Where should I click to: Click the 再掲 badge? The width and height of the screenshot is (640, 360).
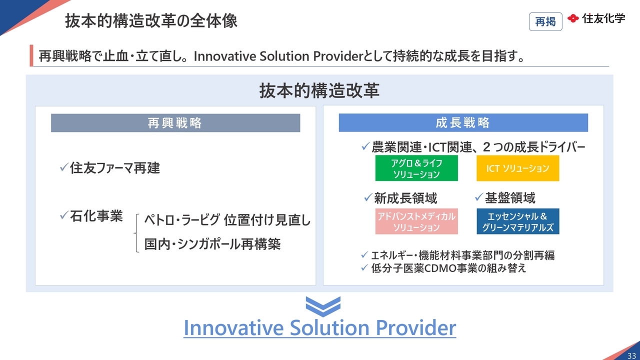pyautogui.click(x=545, y=21)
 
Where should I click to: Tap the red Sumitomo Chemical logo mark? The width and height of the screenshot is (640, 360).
pyautogui.click(x=573, y=18)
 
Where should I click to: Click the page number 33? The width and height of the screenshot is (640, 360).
pyautogui.click(x=631, y=355)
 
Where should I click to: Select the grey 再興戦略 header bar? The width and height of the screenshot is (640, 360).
pyautogui.click(x=175, y=123)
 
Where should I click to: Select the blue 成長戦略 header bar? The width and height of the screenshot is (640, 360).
pyautogui.click(x=463, y=122)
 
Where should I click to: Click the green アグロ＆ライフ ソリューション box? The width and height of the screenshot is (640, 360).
pyautogui.click(x=416, y=168)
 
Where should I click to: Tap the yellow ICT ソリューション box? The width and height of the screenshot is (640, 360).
pyautogui.click(x=517, y=168)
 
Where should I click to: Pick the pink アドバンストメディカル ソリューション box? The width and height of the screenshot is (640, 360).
pyautogui.click(x=416, y=221)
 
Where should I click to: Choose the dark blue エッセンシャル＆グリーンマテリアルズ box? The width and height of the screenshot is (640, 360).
pyautogui.click(x=517, y=221)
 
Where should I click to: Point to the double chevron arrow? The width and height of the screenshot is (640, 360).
pyautogui.click(x=323, y=306)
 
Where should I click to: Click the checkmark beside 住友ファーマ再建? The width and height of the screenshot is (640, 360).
pyautogui.click(x=64, y=167)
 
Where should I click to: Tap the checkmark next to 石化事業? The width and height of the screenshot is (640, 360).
pyautogui.click(x=64, y=215)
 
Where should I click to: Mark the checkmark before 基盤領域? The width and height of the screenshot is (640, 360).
pyautogui.click(x=479, y=196)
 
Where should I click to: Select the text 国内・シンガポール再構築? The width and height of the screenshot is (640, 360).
pyautogui.click(x=212, y=244)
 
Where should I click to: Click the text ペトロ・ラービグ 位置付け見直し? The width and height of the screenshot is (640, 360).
pyautogui.click(x=227, y=220)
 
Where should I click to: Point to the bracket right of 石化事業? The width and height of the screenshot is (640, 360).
pyautogui.click(x=136, y=233)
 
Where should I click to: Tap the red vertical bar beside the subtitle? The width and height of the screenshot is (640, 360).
pyautogui.click(x=31, y=55)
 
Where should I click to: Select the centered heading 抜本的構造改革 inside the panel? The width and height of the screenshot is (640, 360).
pyautogui.click(x=319, y=90)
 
